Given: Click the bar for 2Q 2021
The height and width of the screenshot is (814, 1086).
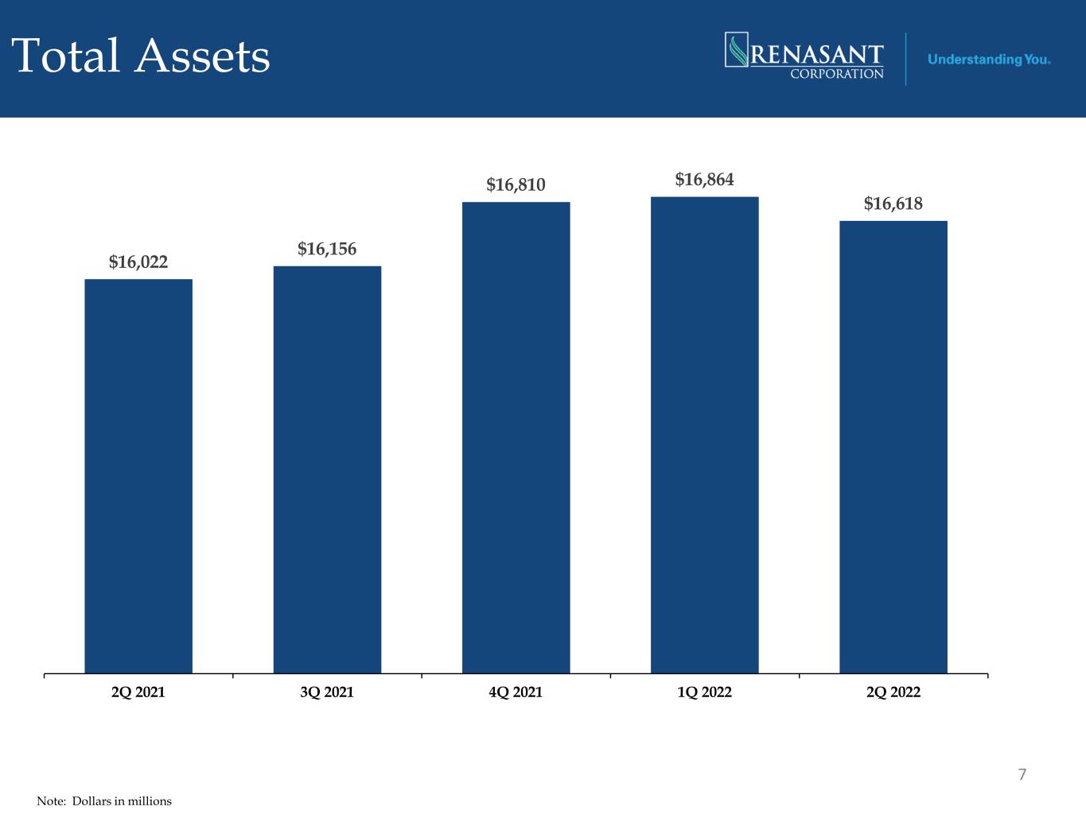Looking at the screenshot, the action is tap(138, 476).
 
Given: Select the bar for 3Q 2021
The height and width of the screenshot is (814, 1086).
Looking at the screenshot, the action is tap(327, 470).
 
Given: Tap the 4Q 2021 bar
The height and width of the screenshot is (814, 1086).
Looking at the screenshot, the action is tap(516, 437).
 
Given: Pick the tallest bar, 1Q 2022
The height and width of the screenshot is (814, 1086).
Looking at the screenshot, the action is tap(705, 435).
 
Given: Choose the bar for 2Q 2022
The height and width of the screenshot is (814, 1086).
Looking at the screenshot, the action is tap(893, 447).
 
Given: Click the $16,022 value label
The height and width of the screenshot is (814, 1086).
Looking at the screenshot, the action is tap(138, 262).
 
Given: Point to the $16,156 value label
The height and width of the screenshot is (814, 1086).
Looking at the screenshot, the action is tap(327, 249).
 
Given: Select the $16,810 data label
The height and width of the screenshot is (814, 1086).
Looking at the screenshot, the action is tap(516, 185).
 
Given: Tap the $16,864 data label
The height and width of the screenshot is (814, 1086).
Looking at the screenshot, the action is tap(705, 180).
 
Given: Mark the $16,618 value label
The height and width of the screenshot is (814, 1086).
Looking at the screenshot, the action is tap(893, 203).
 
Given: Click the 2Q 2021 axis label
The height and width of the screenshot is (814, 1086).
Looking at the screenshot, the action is tap(138, 692).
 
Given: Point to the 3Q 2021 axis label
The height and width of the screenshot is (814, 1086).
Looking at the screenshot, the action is tap(327, 692).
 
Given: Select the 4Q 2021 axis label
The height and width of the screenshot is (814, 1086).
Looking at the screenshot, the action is tap(516, 692).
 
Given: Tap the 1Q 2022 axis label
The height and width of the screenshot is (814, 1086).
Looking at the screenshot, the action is tap(705, 692).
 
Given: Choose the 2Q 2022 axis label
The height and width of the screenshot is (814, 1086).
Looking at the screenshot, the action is tap(893, 692).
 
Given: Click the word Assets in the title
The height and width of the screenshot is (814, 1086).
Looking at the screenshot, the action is tap(202, 56).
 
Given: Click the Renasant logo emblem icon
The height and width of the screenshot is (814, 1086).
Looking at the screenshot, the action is tap(736, 49).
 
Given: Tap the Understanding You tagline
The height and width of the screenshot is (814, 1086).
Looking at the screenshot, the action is tap(989, 60).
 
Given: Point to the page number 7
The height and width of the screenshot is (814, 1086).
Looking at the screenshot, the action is tap(1022, 774).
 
